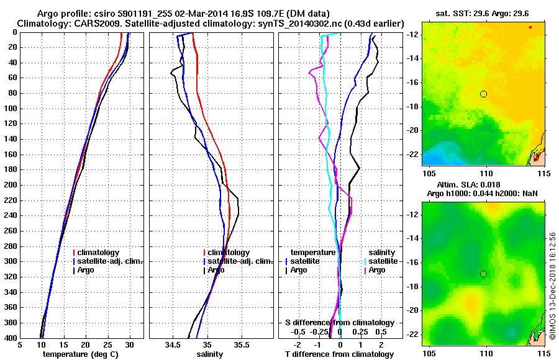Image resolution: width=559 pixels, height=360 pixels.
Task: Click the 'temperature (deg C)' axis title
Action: click(81, 354)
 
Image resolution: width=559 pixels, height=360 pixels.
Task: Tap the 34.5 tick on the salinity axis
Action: click(173, 344)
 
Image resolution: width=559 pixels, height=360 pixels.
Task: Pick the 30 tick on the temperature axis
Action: click(130, 344)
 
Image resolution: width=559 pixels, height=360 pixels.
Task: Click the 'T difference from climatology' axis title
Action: click(340, 354)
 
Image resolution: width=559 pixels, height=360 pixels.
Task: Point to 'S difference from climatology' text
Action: click(339, 323)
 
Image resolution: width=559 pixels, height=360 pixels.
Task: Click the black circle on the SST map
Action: click(483, 94)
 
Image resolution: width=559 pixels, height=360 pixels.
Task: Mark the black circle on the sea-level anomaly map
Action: click(483, 274)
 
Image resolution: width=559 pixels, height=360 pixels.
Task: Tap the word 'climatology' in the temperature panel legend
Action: click(99, 253)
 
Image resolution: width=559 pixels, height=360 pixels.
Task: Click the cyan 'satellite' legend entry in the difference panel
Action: click(383, 261)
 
